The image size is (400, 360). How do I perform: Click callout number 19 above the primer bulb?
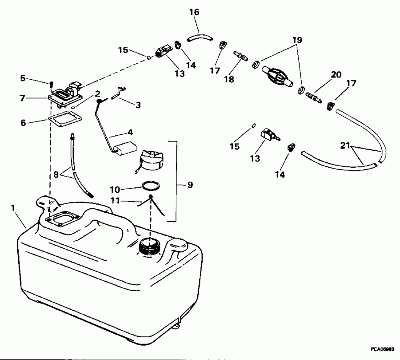[x=297, y=40]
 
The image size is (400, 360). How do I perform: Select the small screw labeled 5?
[x=51, y=83]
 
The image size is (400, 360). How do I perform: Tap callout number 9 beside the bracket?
[x=190, y=184]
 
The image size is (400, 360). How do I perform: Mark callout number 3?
[x=139, y=105]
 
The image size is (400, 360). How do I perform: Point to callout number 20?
[x=336, y=75]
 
